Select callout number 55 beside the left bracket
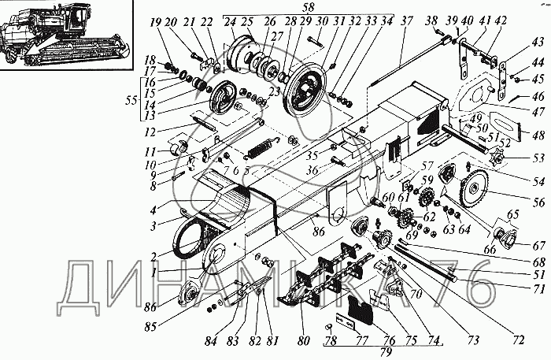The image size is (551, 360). [131, 100]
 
